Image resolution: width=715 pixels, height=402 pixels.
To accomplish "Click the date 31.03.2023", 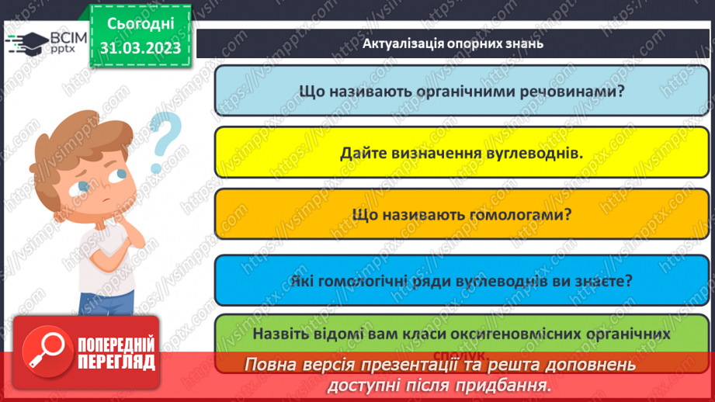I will click(x=141, y=48).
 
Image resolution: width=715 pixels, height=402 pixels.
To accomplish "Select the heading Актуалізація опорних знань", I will click(x=453, y=43).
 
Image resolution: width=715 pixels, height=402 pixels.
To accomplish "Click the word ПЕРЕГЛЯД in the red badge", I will click(x=116, y=361).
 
